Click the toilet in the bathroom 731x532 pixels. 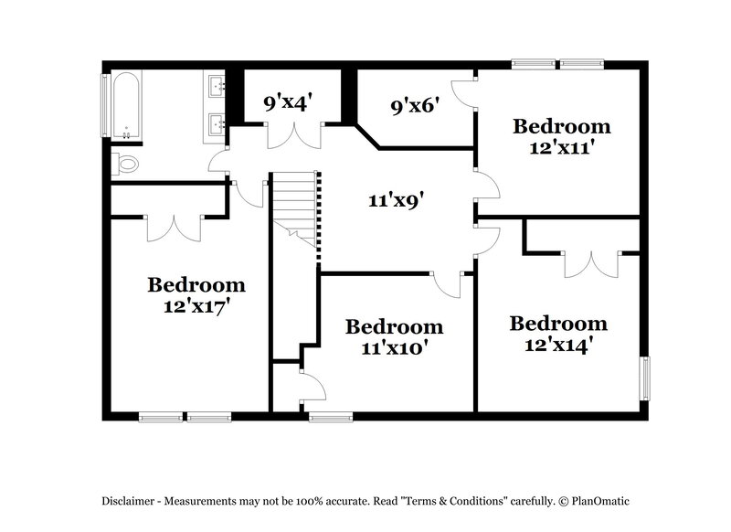click(x=124, y=164)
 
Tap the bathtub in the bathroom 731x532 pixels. click(x=126, y=105)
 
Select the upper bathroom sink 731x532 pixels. click(x=216, y=85)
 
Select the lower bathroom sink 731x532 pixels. click(x=216, y=124)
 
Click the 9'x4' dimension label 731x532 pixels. click(x=287, y=102)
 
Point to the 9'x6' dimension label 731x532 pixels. click(x=415, y=106)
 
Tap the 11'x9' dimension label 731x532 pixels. click(x=396, y=200)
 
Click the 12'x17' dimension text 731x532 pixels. click(x=196, y=306)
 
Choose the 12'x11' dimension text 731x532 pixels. click(x=562, y=147)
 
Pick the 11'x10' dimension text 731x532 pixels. click(x=395, y=348)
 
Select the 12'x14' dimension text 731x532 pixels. click(x=558, y=345)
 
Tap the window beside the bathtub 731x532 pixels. click(x=106, y=105)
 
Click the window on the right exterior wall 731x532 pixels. click(x=645, y=378)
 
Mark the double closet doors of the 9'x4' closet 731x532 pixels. click(x=294, y=135)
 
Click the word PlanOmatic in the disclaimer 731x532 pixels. click(x=600, y=501)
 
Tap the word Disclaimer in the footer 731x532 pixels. click(x=128, y=501)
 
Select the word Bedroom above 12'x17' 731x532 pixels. click(x=196, y=285)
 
